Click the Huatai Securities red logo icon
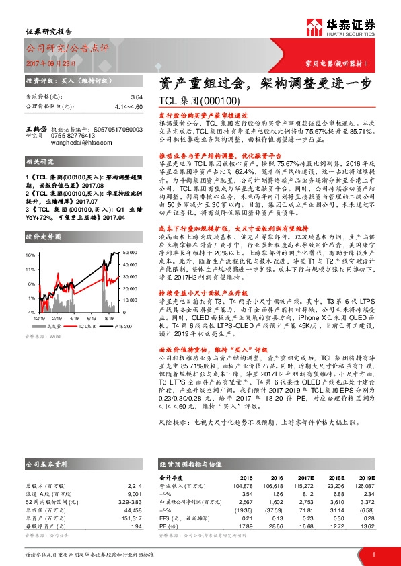coord(313,26)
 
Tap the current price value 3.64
coord(137,97)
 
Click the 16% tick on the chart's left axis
coord(31,255)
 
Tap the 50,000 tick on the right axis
coord(129,252)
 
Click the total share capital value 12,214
coord(132,485)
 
